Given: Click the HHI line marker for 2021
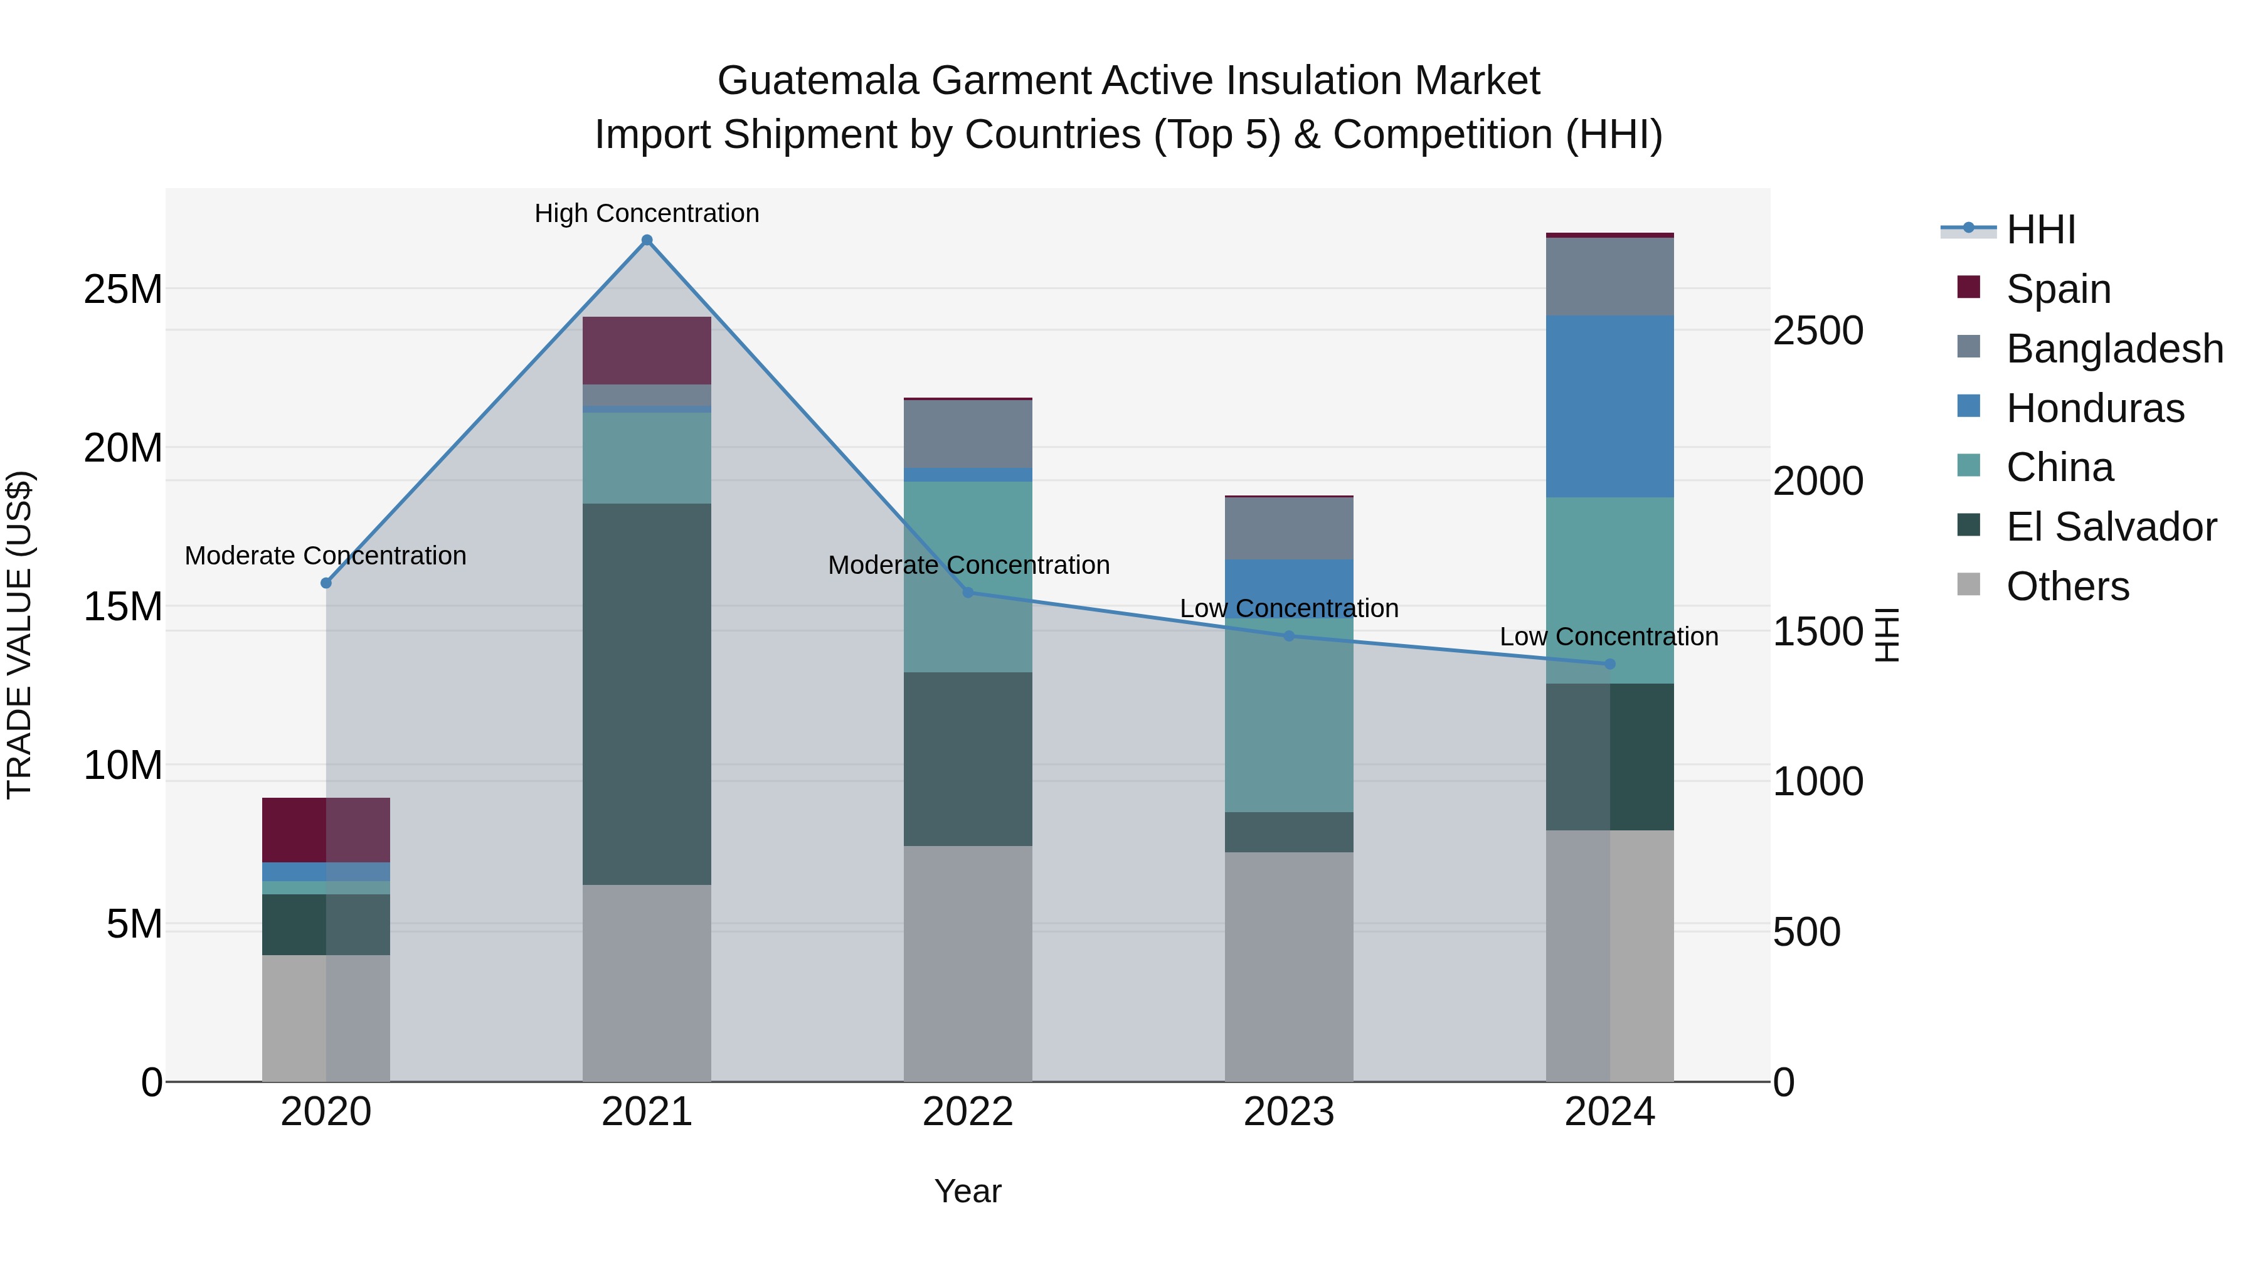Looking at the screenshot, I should pyautogui.click(x=647, y=240).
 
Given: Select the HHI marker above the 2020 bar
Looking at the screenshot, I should pyautogui.click(x=326, y=583).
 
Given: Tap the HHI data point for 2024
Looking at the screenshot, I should pyautogui.click(x=1609, y=664).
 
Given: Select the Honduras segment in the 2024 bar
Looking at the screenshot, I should pyautogui.click(x=1609, y=406).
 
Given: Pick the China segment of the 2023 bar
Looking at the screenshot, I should pyautogui.click(x=1288, y=714).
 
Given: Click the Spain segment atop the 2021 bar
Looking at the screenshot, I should pyautogui.click(x=647, y=350).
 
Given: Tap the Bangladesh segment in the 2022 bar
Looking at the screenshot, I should pyautogui.click(x=968, y=434).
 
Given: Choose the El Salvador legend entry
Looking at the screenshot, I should pyautogui.click(x=2110, y=527).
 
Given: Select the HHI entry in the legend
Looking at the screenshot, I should pyautogui.click(x=2040, y=230).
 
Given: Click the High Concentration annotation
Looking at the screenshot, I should pyautogui.click(x=647, y=213).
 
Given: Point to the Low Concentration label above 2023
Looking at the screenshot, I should pyautogui.click(x=1288, y=608).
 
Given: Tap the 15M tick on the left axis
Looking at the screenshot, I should pyautogui.click(x=123, y=606).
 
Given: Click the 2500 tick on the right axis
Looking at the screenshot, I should pyautogui.click(x=1817, y=331).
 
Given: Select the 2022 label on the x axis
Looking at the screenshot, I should pyautogui.click(x=968, y=1112).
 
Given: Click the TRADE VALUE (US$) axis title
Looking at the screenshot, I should pyautogui.click(x=19, y=635).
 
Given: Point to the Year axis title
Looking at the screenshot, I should pyautogui.click(x=968, y=1191).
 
